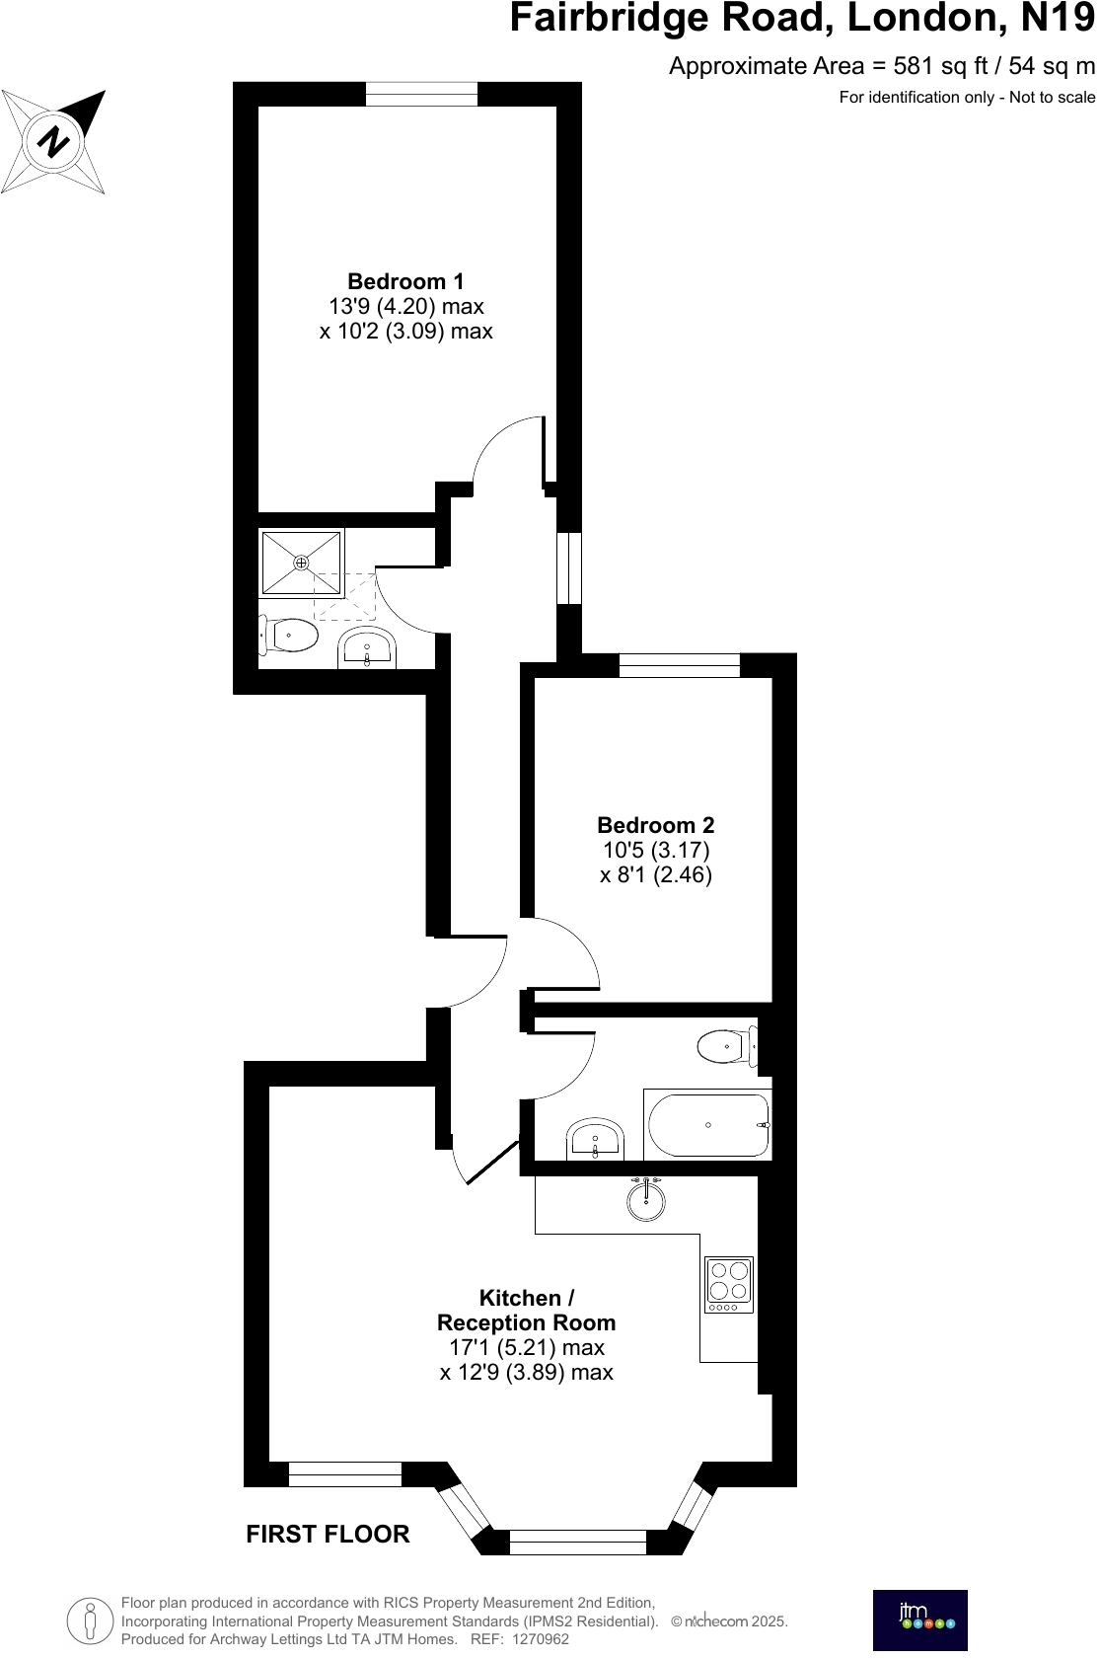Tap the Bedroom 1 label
tap(405, 281)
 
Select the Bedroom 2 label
tap(655, 825)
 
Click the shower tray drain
tap(301, 563)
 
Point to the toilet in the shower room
tap(289, 635)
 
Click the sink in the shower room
tap(367, 648)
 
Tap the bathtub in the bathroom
tap(707, 1125)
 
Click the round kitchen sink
tap(646, 1201)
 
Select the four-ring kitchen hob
tap(729, 1284)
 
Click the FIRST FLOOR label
tap(328, 1534)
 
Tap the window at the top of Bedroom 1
tap(421, 94)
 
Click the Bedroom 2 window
tap(679, 665)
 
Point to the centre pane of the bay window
tap(578, 1542)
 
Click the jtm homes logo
tap(919, 1620)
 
